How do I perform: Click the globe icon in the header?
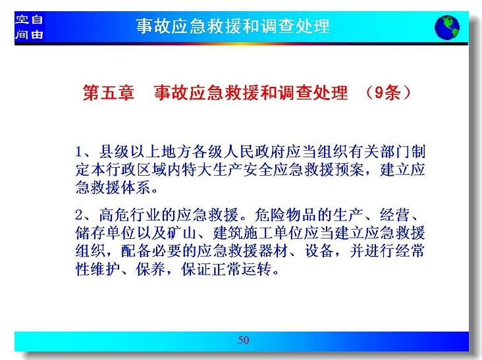point(447,28)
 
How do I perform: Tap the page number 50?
point(244,340)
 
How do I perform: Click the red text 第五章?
point(109,92)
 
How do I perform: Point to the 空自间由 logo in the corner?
point(29,27)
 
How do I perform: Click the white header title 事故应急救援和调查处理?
point(233,26)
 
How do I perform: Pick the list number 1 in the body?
point(78,152)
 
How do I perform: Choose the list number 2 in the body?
point(79,215)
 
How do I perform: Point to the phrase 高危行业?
point(130,215)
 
